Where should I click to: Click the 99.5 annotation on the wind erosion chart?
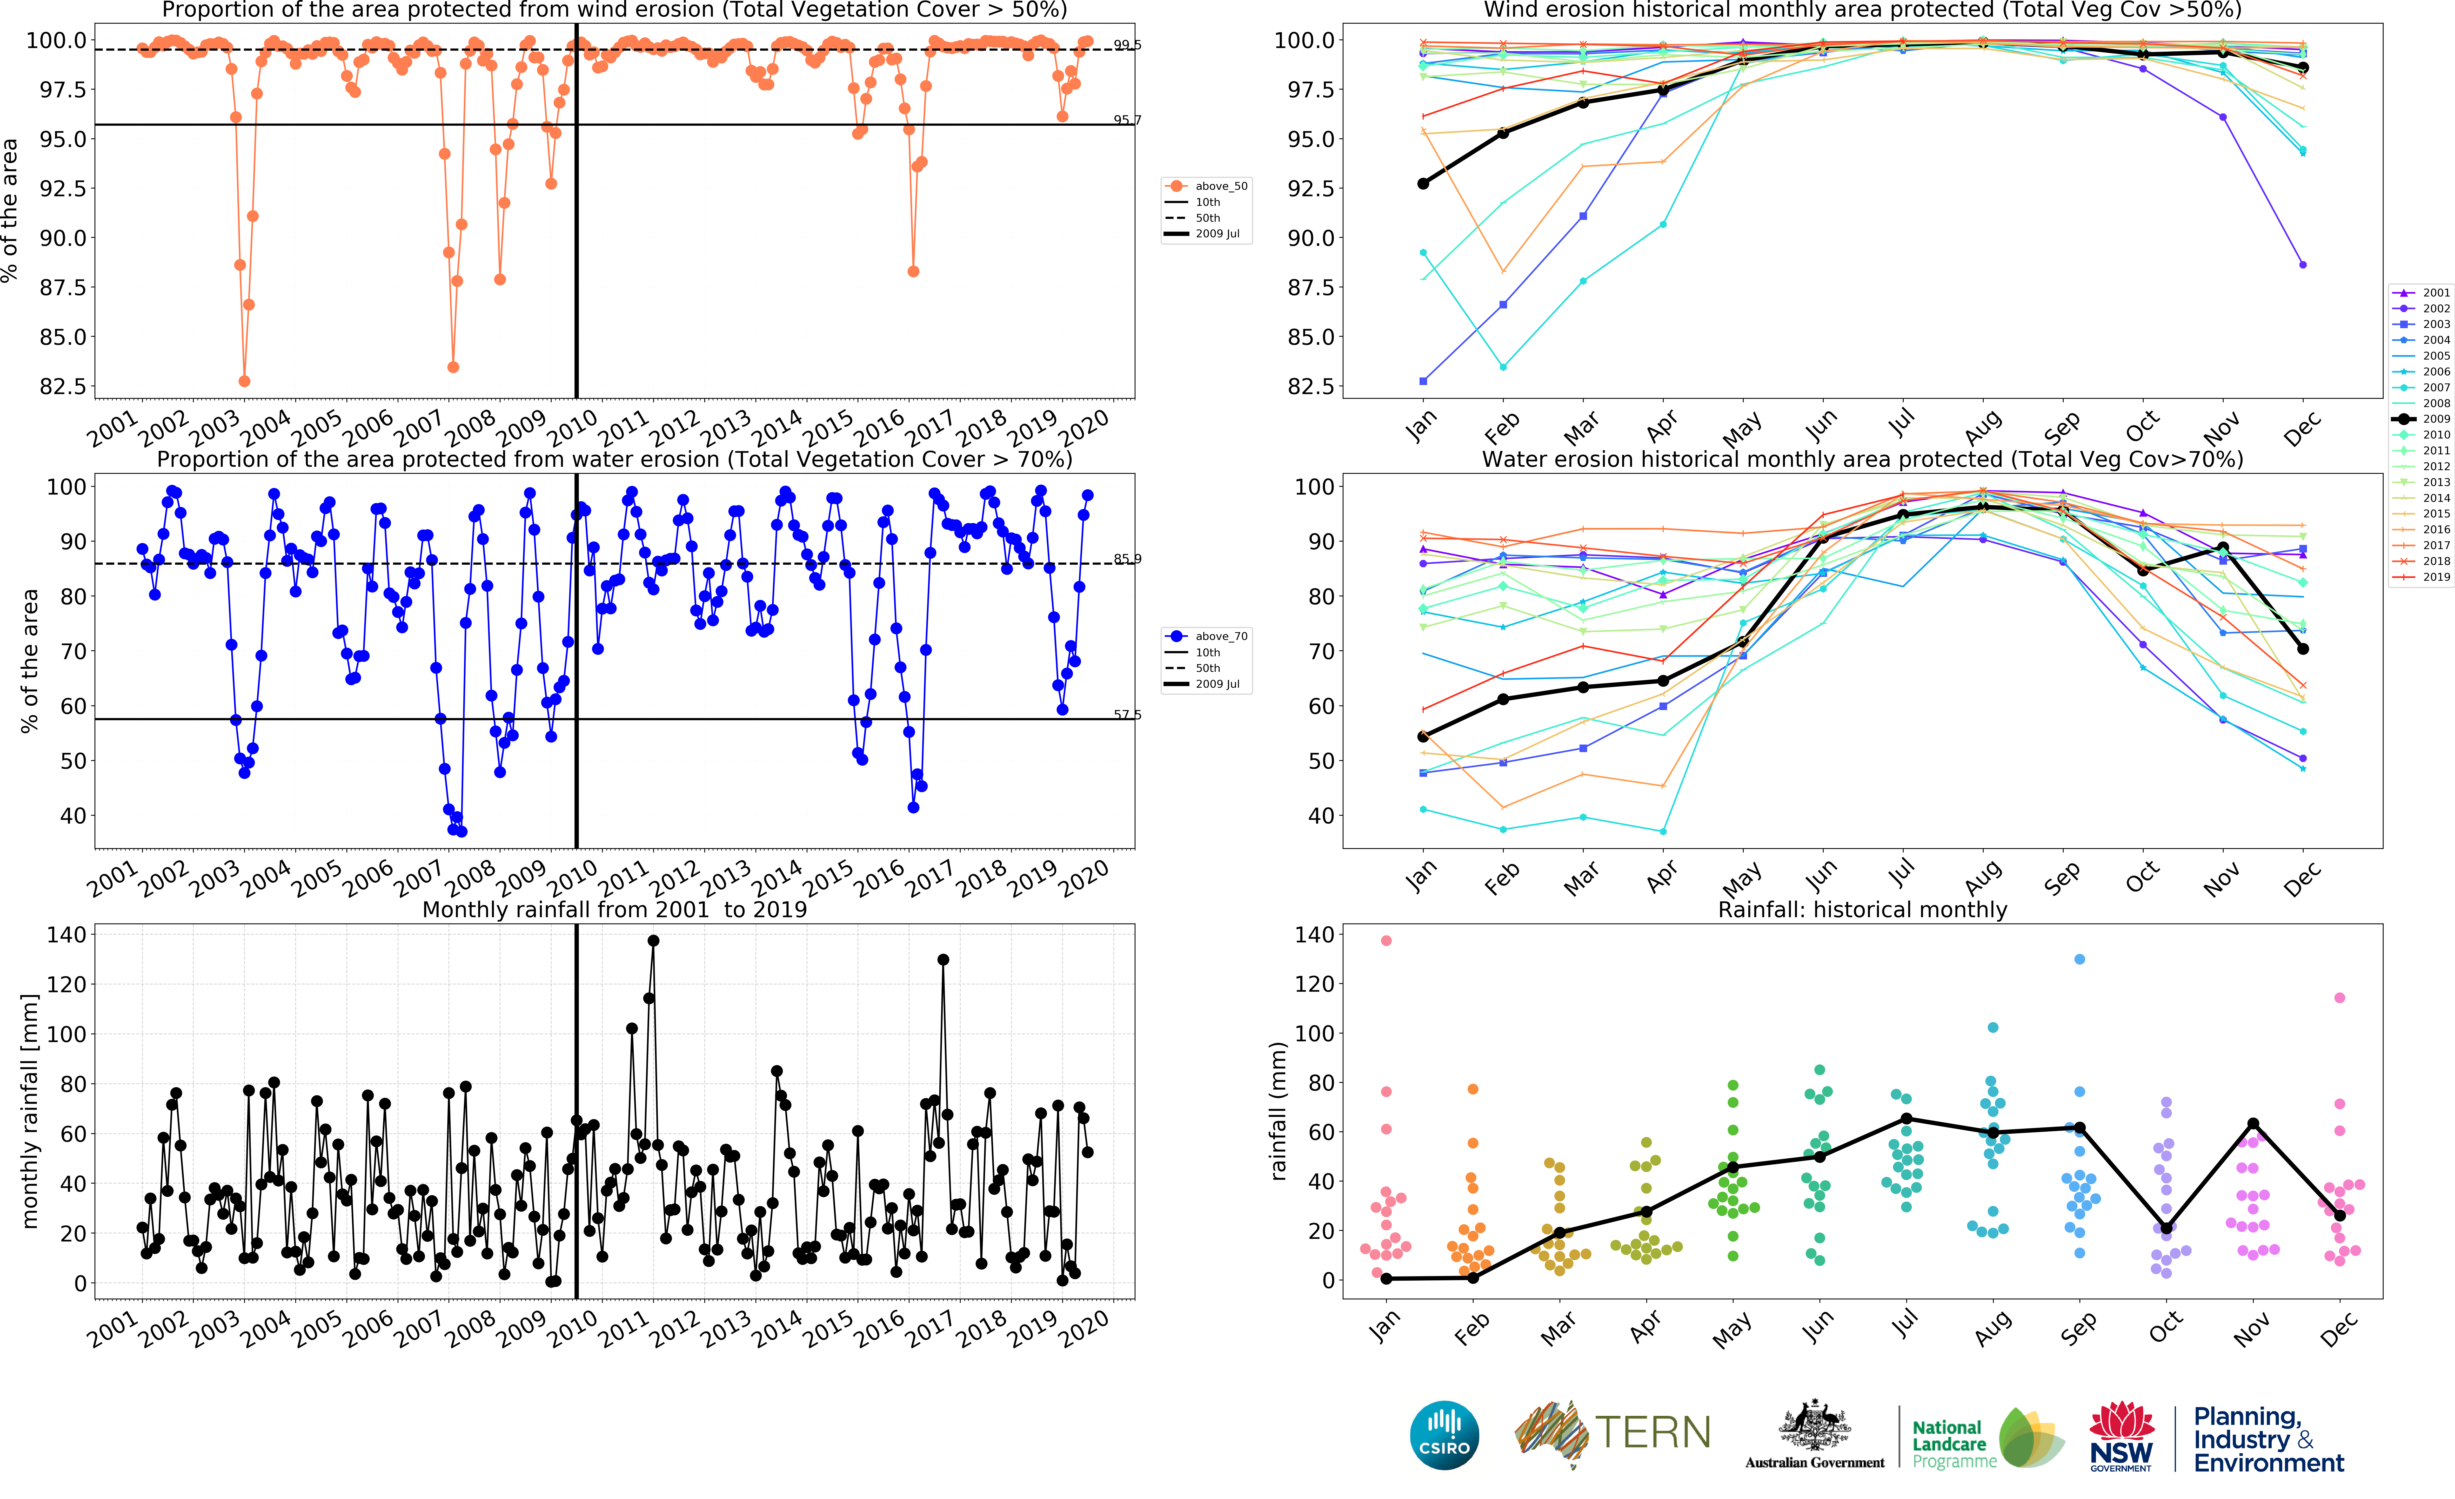1127,45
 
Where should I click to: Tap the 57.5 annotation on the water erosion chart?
1127,714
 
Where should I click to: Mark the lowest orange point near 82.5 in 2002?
244,381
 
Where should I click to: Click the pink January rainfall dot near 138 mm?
1386,940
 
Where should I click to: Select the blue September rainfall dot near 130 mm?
2079,959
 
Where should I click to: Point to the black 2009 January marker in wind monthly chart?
1423,183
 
